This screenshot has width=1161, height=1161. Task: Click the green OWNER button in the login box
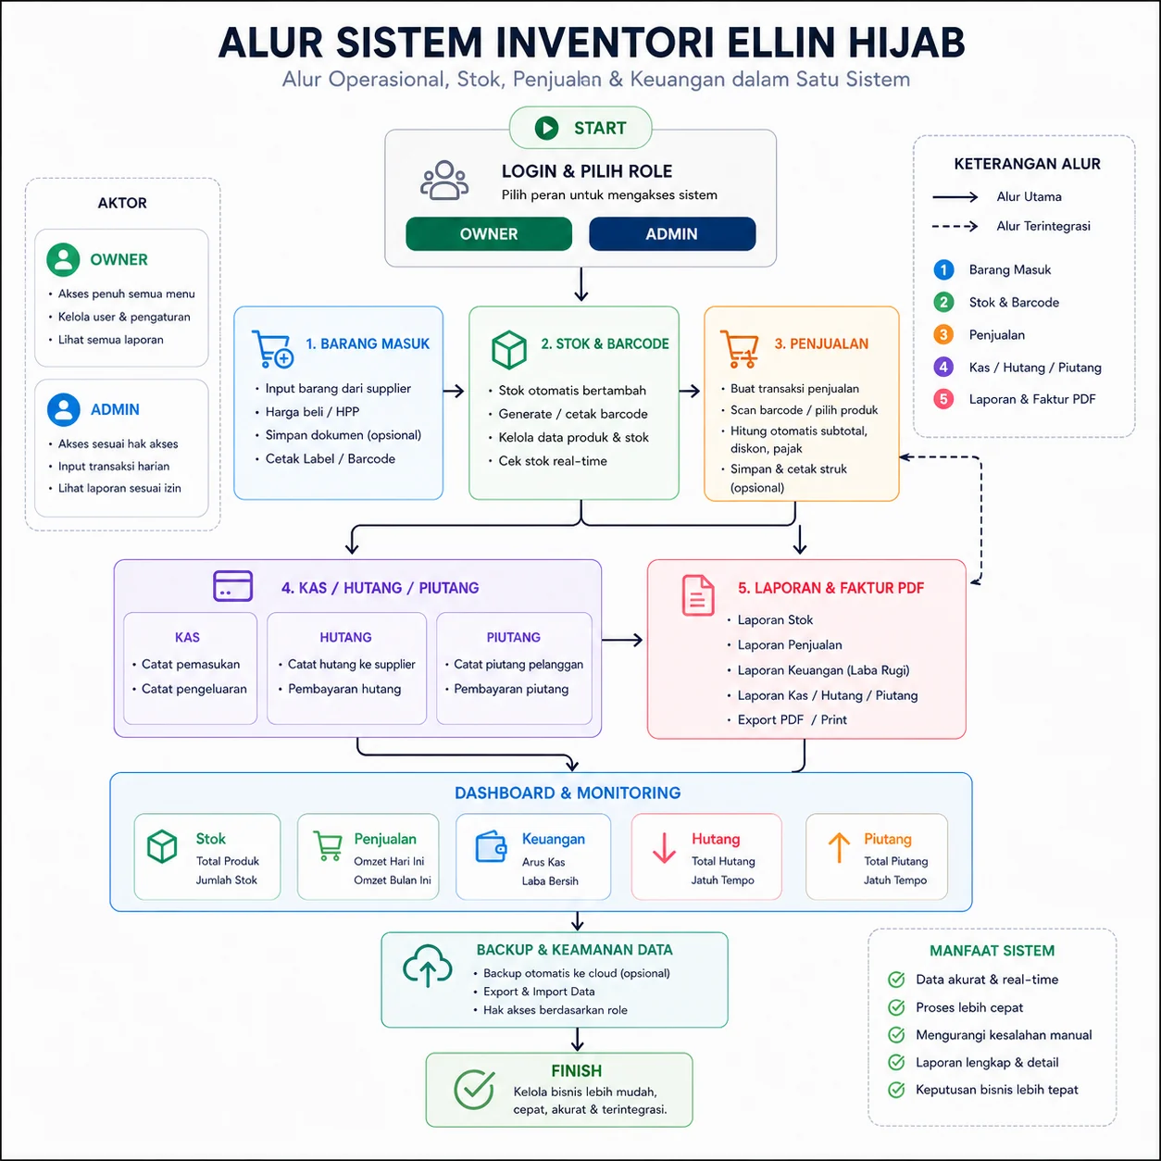pyautogui.click(x=489, y=233)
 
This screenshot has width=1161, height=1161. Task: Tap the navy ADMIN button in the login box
pyautogui.click(x=672, y=233)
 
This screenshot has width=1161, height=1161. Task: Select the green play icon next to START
pyautogui.click(x=546, y=128)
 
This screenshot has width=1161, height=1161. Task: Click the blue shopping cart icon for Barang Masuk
pyautogui.click(x=272, y=349)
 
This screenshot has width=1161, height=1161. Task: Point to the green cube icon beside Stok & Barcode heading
pyautogui.click(x=509, y=349)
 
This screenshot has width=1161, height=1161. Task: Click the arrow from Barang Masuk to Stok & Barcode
pyautogui.click(x=454, y=391)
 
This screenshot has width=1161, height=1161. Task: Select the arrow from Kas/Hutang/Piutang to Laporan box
pyautogui.click(x=622, y=639)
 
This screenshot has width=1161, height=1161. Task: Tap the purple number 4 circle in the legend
pyautogui.click(x=943, y=367)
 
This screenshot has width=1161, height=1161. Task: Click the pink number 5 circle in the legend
pyautogui.click(x=943, y=399)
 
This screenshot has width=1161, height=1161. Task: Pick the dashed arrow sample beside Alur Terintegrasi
pyautogui.click(x=955, y=227)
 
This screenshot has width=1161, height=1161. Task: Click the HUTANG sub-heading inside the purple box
pyautogui.click(x=346, y=637)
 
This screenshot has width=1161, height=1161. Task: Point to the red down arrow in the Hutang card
pyautogui.click(x=664, y=848)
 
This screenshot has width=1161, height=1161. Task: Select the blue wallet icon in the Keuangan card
pyautogui.click(x=491, y=846)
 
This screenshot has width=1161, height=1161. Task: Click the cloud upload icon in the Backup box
pyautogui.click(x=427, y=966)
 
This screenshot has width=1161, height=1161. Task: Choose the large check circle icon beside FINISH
pyautogui.click(x=475, y=1090)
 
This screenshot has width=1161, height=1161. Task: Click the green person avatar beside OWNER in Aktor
pyautogui.click(x=63, y=259)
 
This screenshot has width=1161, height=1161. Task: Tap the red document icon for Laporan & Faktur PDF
pyautogui.click(x=698, y=595)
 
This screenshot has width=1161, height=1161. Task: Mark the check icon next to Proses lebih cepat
pyautogui.click(x=896, y=1007)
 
